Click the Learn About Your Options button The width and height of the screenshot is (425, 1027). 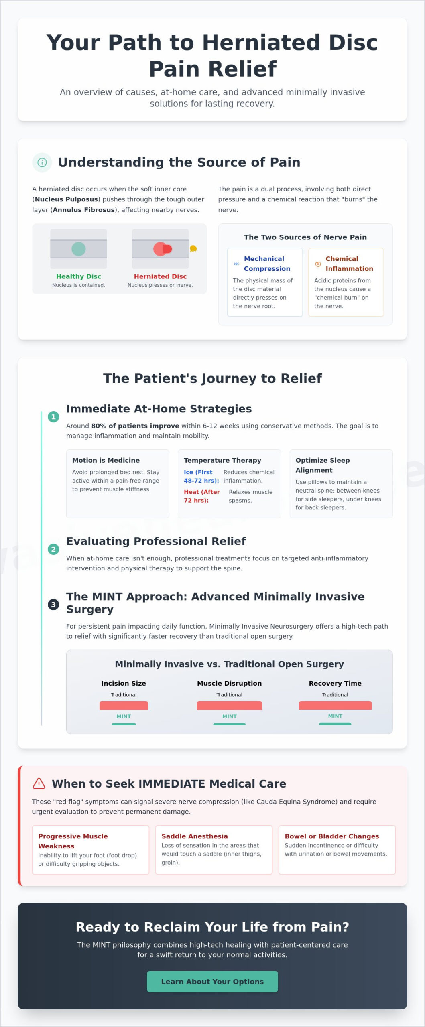tap(212, 981)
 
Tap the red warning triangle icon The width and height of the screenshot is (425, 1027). tap(39, 783)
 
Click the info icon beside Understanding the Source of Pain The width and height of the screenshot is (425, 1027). tap(42, 162)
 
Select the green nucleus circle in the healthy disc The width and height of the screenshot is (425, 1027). tap(79, 249)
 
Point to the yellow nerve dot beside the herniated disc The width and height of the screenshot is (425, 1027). tap(193, 249)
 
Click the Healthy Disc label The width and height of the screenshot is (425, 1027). tap(79, 276)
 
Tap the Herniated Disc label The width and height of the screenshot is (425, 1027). tap(160, 276)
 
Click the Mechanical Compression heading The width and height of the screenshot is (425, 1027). tap(267, 264)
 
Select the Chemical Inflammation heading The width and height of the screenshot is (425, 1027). tap(349, 264)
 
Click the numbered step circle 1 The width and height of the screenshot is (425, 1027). tap(53, 417)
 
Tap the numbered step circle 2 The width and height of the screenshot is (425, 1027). tap(53, 549)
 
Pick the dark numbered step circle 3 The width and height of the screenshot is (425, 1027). tap(53, 604)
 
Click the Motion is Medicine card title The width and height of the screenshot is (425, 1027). tap(106, 460)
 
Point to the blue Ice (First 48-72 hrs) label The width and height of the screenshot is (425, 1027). tap(201, 476)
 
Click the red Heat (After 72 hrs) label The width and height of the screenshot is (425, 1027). tap(202, 496)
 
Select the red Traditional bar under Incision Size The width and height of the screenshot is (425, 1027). tap(124, 705)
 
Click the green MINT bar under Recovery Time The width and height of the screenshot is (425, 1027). tap(335, 724)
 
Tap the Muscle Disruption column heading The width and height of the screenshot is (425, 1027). tap(230, 683)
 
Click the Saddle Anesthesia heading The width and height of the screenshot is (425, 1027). tap(195, 836)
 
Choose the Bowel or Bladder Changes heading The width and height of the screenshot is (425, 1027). tap(332, 836)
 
